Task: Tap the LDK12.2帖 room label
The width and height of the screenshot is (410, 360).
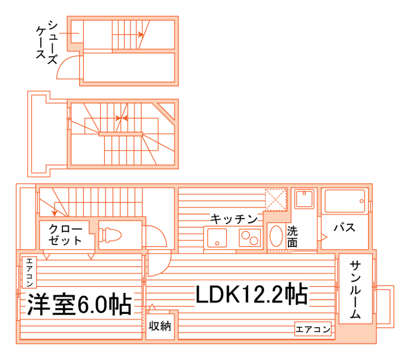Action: tap(251, 294)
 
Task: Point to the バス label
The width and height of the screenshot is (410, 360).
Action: tap(344, 228)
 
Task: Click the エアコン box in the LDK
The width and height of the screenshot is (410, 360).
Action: tap(313, 329)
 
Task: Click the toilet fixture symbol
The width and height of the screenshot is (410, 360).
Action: tap(110, 235)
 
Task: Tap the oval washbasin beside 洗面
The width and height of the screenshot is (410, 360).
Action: tap(276, 236)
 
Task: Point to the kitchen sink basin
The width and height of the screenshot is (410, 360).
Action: tap(217, 237)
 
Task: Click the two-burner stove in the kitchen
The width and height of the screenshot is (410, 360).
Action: tap(249, 237)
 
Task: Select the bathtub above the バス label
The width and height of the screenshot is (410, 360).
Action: tap(345, 201)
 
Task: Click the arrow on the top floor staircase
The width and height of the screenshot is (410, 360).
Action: tap(140, 35)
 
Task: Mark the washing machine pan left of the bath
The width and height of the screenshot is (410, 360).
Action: tap(306, 199)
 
